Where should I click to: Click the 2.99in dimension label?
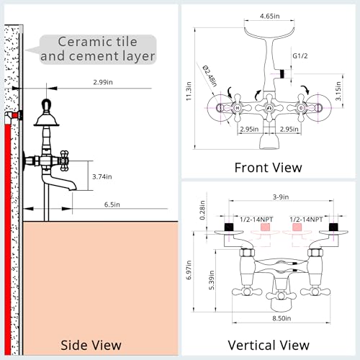tap(103, 82)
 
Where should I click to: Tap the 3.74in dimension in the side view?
tap(102, 176)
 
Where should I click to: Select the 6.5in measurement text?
tap(112, 204)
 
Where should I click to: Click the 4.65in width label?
tap(270, 16)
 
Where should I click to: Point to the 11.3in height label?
tap(189, 91)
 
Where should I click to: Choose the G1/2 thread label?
tap(300, 56)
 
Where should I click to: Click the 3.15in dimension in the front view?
tap(338, 91)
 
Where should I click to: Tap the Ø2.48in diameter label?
tap(210, 76)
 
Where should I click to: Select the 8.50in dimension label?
tap(282, 318)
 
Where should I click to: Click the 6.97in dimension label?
tap(189, 270)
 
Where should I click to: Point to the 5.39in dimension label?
tap(211, 280)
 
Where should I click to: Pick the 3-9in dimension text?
tap(281, 197)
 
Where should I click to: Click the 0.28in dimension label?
tap(202, 210)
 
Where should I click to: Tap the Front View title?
tap(268, 168)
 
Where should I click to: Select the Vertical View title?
tap(269, 346)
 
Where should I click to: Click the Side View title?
tap(91, 346)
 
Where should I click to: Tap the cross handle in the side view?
tap(64, 161)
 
